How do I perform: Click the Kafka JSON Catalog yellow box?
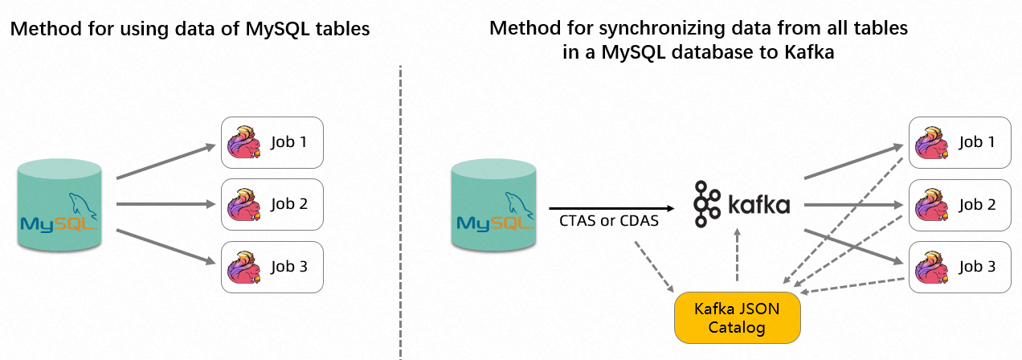[737, 317]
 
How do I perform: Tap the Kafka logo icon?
[707, 204]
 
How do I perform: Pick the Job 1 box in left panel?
[272, 142]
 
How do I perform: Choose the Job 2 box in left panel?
[272, 204]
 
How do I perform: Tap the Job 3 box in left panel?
[272, 266]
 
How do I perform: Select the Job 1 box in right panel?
[960, 142]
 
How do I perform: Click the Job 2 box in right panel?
[960, 204]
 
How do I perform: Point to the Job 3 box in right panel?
[960, 266]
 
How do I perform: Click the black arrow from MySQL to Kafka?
[611, 207]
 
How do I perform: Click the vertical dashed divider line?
[399, 209]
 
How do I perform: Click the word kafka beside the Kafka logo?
[758, 205]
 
